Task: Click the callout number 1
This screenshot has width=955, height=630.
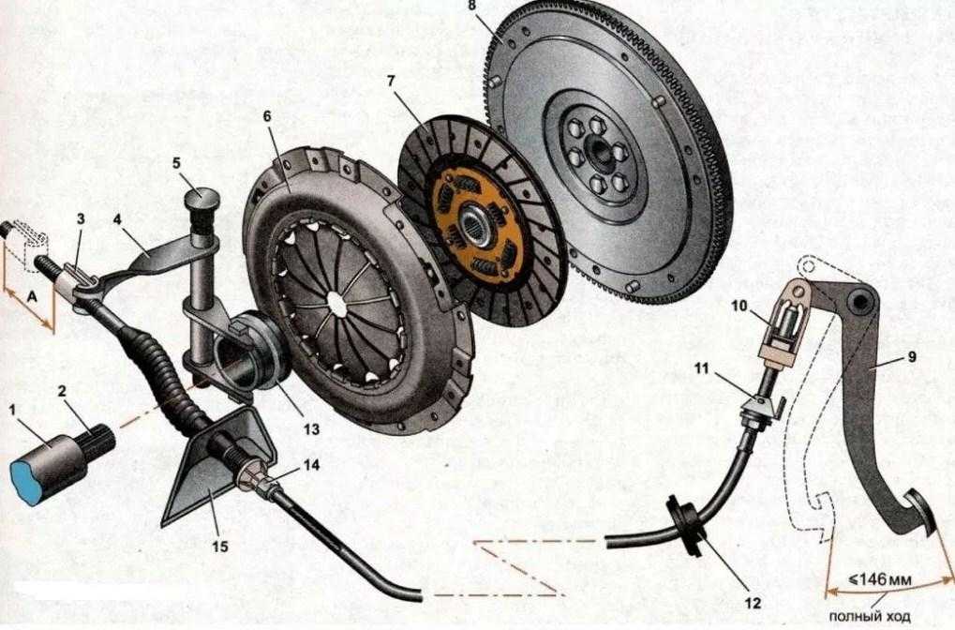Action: pos(13,409)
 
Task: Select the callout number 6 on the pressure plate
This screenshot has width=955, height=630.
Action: pos(266,115)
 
